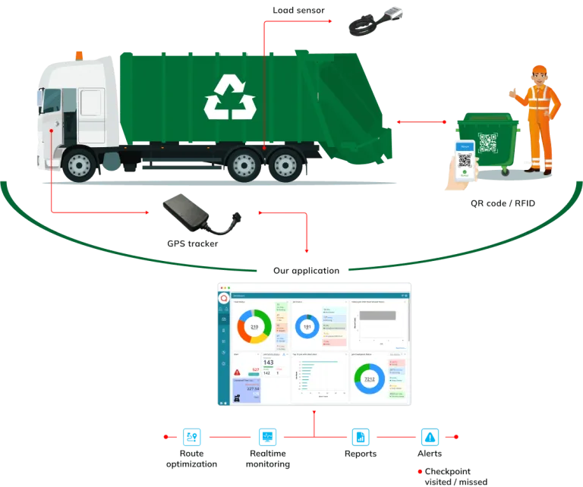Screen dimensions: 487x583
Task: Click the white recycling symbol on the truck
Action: [x=229, y=97]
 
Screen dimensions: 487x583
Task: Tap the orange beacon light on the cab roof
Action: [x=79, y=54]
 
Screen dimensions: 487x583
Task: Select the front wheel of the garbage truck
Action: [x=77, y=165]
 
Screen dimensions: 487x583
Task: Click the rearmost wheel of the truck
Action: [x=285, y=165]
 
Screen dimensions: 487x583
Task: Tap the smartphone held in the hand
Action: [x=463, y=160]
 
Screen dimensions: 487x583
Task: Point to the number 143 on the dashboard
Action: [x=268, y=363]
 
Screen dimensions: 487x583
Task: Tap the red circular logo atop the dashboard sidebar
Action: [x=223, y=298]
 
